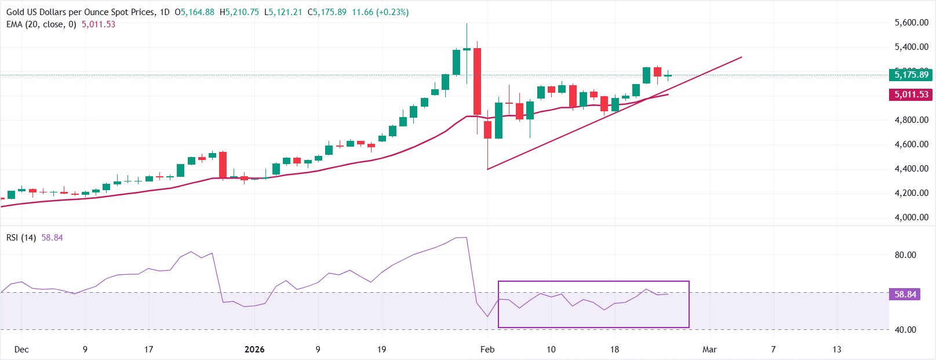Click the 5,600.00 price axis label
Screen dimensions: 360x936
coord(911,23)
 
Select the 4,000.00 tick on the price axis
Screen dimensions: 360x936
coord(911,217)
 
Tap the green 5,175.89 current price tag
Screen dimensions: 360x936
coord(910,74)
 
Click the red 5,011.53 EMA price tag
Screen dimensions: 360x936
coord(910,94)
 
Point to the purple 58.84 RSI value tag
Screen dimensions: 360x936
coord(905,294)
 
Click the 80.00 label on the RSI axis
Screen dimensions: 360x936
coord(905,255)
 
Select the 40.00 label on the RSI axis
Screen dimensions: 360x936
coord(905,330)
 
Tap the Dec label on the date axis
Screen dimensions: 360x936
coord(21,350)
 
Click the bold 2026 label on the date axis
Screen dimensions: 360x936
coord(254,350)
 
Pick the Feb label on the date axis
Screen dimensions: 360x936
coord(487,350)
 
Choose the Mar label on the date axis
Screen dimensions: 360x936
coord(709,350)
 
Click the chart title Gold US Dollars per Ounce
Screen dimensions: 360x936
coord(81,12)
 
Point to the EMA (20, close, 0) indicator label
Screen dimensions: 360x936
coord(41,24)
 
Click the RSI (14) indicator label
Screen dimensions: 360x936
coord(21,238)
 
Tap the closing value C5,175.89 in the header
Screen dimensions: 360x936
coord(327,12)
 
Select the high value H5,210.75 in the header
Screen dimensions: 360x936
coord(239,12)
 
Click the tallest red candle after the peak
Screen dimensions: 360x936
coord(477,81)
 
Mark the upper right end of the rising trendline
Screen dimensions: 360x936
coord(742,57)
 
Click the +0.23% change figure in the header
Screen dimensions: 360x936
coord(392,12)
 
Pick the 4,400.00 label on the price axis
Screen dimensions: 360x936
coord(911,169)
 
